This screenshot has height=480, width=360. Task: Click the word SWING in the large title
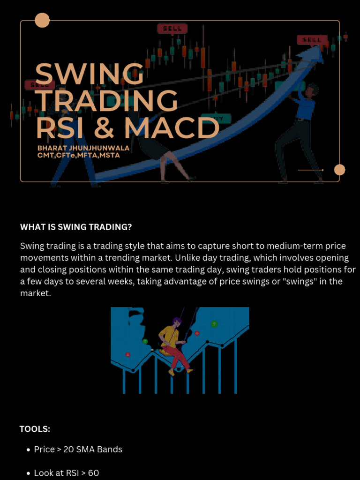89,74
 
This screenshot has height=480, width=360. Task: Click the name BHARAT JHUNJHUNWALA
83,148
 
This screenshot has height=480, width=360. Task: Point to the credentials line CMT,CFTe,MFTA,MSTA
79,155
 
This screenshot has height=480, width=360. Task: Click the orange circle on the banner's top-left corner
42,21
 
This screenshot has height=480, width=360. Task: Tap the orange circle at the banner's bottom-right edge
339,170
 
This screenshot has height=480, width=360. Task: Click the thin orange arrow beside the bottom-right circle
310,170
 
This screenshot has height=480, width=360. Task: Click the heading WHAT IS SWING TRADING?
76,227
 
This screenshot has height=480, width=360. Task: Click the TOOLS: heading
35,429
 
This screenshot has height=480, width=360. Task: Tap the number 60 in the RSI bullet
93,473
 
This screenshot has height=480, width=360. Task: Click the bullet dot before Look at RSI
29,473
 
